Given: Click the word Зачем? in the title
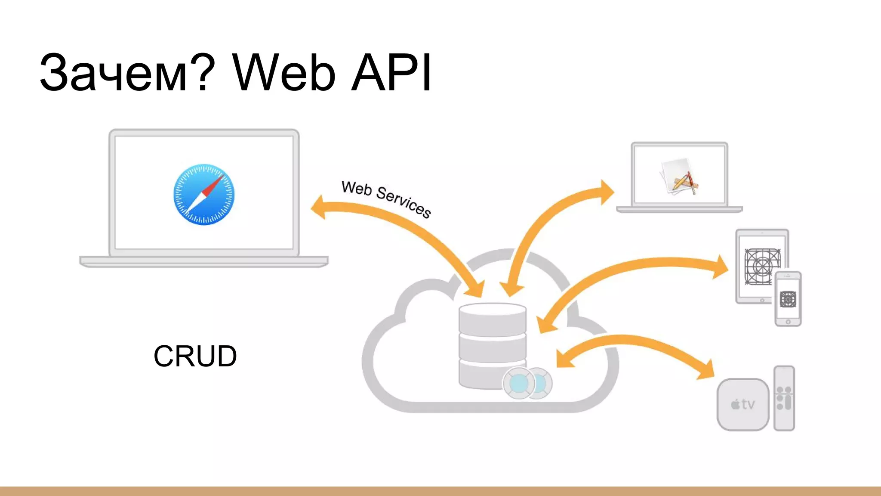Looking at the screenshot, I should [127, 72].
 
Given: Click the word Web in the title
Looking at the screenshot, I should [284, 72].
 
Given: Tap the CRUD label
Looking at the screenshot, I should [195, 356].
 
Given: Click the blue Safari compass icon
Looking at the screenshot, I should [203, 194].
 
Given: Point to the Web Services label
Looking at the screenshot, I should [386, 199].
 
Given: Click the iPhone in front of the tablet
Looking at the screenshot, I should [788, 299].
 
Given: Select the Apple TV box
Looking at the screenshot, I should [743, 404].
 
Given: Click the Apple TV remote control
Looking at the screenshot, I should [784, 398].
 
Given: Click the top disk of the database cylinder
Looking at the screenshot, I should [492, 319].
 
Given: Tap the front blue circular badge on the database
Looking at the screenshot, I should [519, 383].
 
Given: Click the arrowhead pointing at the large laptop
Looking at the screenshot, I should [318, 207].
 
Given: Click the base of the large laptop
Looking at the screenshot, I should [204, 261].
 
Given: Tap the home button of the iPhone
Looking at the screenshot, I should [788, 322].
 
